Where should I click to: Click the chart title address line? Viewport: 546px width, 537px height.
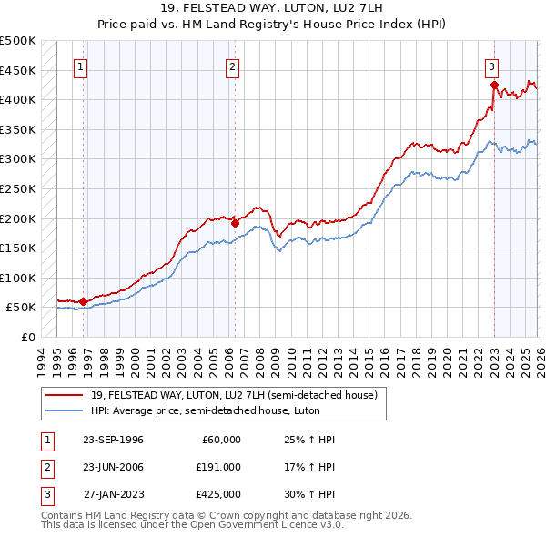(272, 8)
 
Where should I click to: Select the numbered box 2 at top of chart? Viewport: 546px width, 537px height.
(233, 66)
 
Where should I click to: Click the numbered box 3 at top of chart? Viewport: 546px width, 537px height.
(491, 66)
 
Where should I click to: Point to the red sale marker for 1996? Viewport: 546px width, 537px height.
(83, 301)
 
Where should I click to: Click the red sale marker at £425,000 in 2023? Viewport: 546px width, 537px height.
(494, 85)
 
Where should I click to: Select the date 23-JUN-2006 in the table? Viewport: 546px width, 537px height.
(113, 467)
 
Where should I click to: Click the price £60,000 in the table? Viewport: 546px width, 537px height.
(218, 440)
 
